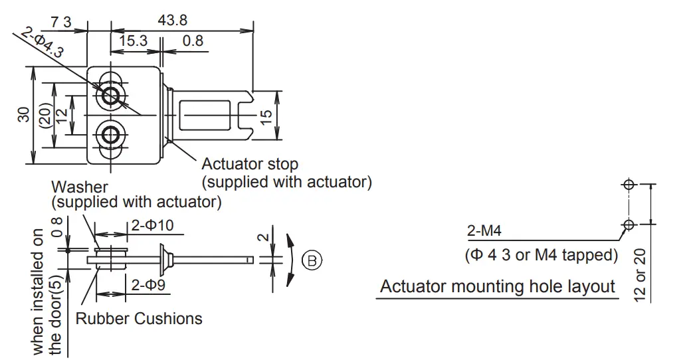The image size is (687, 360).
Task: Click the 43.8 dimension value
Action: point(172,21)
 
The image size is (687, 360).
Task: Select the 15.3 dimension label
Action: point(133,41)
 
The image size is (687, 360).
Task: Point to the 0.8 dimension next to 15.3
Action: point(193,41)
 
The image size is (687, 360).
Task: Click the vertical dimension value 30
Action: point(23,114)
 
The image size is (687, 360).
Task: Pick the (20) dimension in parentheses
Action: point(45,116)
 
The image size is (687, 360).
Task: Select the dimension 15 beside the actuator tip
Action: point(266,115)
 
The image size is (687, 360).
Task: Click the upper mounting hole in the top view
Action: point(110,96)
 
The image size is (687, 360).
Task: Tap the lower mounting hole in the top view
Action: point(110,136)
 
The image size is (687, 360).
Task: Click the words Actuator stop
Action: point(250,164)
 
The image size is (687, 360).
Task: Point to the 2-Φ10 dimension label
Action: point(152,225)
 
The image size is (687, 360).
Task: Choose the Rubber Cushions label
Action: point(139,319)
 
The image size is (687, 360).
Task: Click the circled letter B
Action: point(312,260)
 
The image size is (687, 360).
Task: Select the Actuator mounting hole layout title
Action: point(498,287)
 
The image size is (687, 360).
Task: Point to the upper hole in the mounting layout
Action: point(629,185)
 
